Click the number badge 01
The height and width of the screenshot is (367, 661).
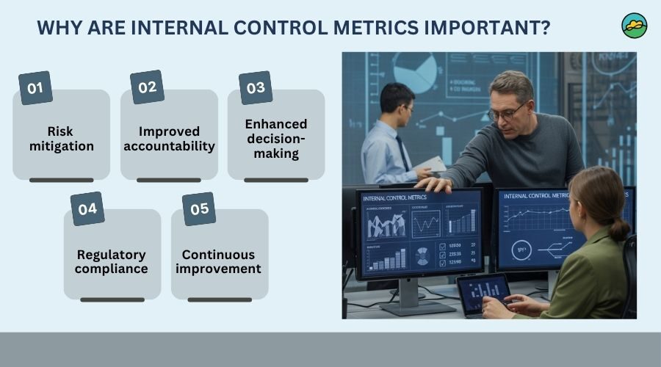coord(35,88)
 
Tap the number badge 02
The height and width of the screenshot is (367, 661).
coord(147,87)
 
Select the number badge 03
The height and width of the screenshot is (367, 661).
coord(255,88)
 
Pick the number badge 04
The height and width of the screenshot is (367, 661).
coord(87,208)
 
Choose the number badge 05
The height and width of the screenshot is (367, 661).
coord(199,208)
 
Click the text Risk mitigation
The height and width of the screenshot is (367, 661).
coord(61,139)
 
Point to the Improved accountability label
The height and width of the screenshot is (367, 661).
coord(169,139)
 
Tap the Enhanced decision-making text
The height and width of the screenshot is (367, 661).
coord(276,139)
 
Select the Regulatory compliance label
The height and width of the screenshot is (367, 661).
coord(112,261)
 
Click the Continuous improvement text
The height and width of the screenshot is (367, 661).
coord(219,261)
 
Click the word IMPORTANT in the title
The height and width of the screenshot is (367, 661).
coord(480,27)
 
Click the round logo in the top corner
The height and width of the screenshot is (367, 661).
coord(634,25)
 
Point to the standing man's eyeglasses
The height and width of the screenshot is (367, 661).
coord(506,112)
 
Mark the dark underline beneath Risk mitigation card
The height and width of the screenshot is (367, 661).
coord(61,179)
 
